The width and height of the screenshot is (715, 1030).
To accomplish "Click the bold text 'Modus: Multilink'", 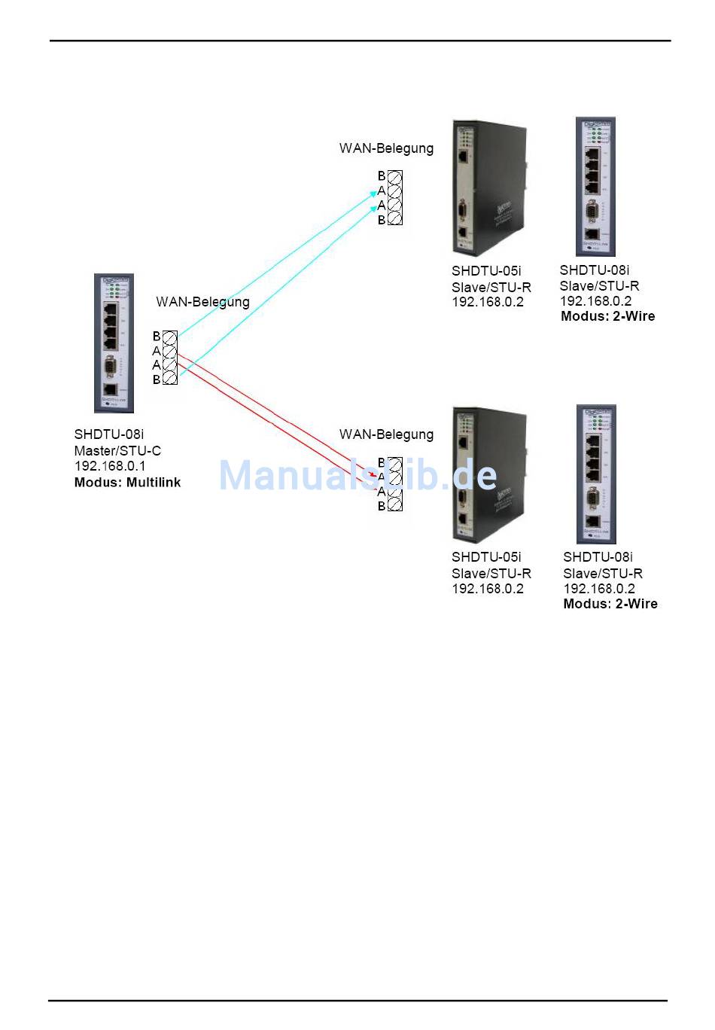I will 127,483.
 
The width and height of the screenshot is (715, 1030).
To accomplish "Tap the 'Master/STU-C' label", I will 117,451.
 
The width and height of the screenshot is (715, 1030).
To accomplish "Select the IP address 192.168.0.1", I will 110,467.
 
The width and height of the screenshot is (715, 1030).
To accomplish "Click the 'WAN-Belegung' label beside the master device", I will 202,302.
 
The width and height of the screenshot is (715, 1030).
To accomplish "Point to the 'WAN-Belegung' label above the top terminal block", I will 386,148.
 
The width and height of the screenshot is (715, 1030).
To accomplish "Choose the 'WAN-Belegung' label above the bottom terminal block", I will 386,434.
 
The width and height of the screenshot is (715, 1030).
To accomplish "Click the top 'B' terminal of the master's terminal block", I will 170,337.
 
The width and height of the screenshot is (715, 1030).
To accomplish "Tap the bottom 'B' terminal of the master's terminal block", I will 170,379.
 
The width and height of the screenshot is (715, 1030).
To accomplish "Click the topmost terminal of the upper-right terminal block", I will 395,176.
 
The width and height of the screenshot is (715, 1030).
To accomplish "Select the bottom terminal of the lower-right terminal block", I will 395,505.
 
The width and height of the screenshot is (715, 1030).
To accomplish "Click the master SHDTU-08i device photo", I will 114,343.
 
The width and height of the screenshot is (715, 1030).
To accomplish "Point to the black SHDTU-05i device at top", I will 488,187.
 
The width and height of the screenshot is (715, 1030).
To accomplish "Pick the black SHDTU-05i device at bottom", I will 488,474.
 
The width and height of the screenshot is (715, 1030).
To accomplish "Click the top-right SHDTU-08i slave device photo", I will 595,187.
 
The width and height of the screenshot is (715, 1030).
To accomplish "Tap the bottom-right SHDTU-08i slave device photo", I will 596,474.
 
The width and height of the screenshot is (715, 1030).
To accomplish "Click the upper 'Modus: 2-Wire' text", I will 607,317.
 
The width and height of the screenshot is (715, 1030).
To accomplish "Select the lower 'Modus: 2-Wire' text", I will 610,604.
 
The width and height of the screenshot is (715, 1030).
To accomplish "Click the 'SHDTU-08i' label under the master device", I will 109,434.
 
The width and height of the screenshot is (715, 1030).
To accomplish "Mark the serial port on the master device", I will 111,368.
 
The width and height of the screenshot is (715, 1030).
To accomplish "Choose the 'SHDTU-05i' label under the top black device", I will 486,271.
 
